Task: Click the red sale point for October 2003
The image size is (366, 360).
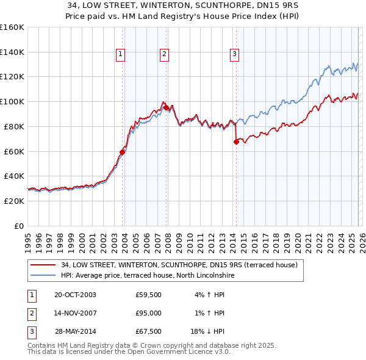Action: click(122, 153)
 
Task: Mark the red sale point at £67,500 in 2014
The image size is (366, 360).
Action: click(236, 142)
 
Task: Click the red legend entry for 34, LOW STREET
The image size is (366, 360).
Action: click(179, 265)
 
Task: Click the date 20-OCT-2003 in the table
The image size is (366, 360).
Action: click(75, 295)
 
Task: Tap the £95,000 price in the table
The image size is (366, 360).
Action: click(148, 313)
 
